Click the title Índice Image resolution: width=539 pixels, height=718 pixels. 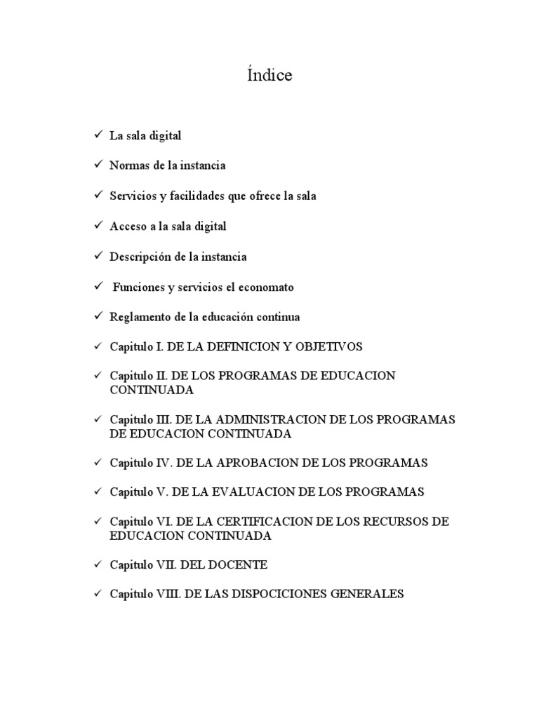(x=269, y=76)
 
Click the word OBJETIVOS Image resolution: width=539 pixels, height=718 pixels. (x=329, y=346)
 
